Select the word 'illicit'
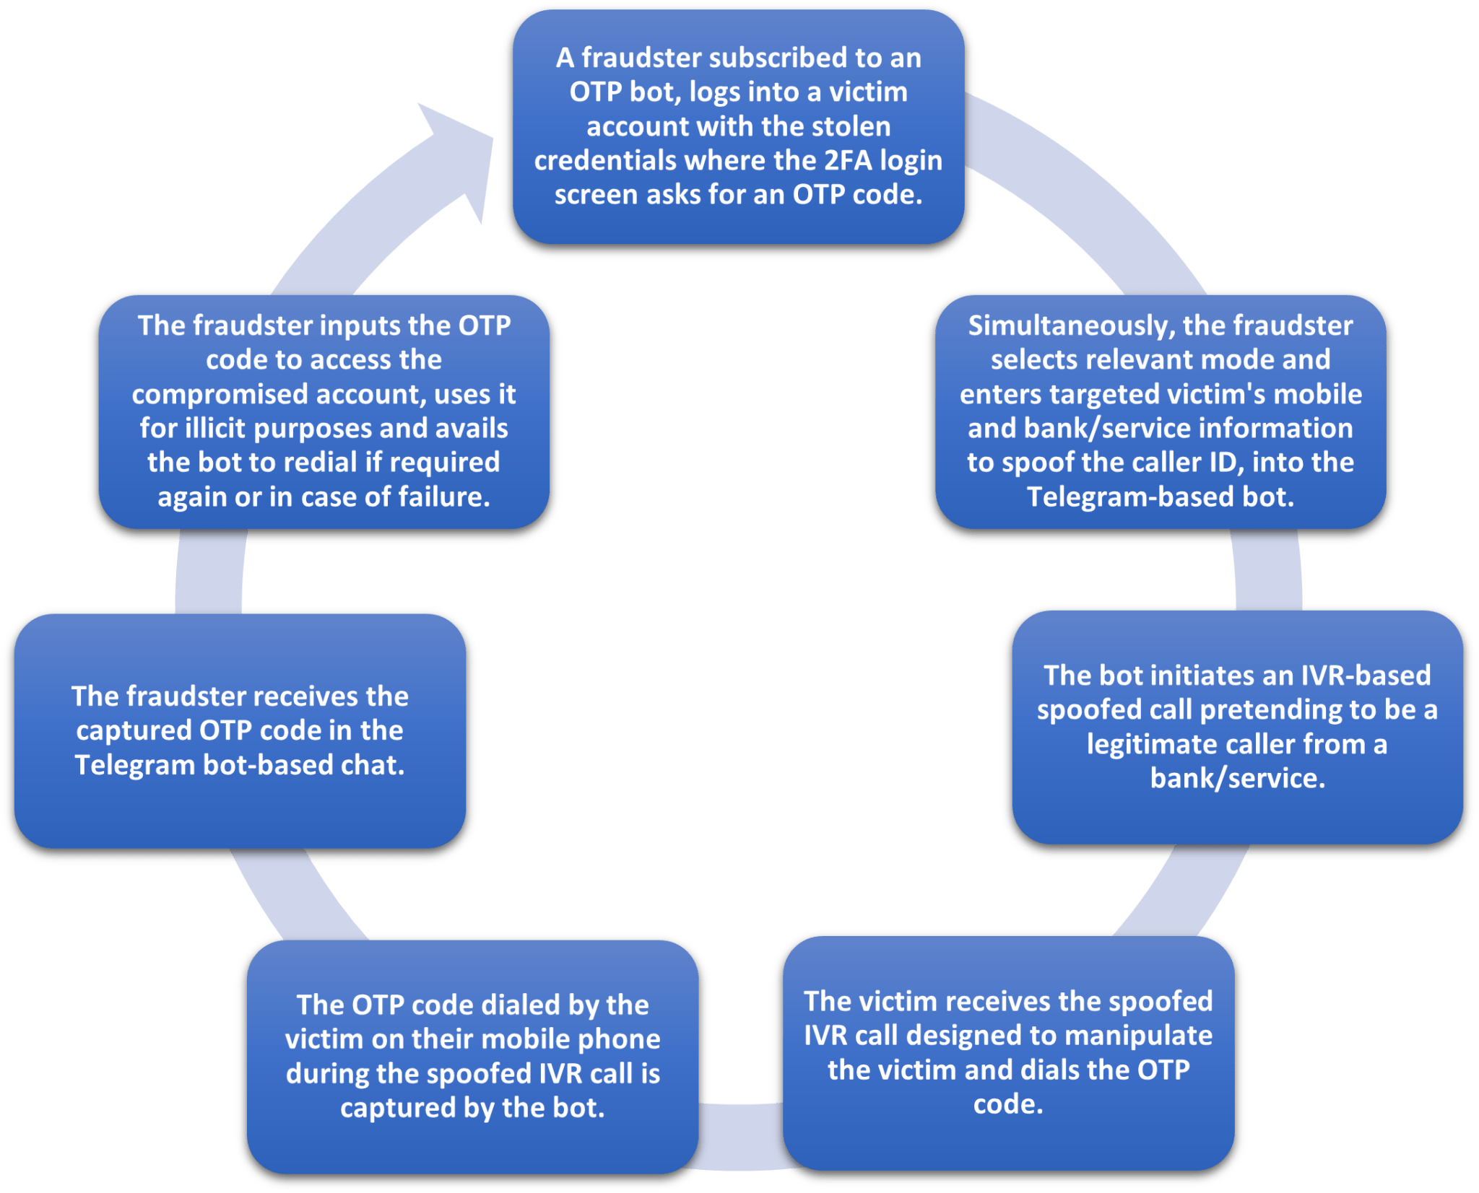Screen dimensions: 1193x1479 [x=216, y=428]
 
